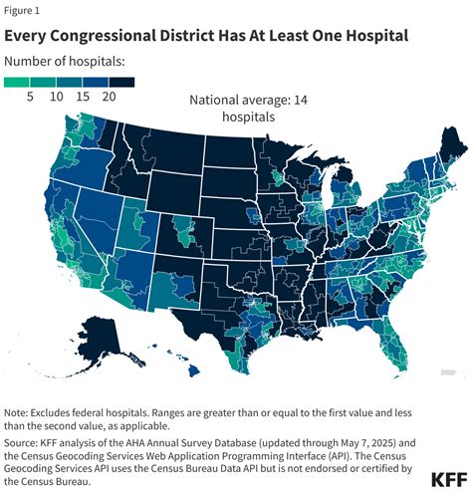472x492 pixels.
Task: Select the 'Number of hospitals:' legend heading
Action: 65,62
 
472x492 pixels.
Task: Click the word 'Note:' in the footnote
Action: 21,412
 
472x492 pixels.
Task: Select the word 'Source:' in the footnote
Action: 25,442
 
